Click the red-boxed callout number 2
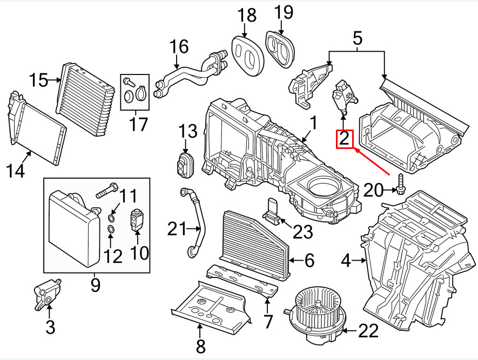coord(345,139)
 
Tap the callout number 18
coord(247,15)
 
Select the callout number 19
coord(284,12)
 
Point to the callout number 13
coord(188,131)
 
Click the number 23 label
coord(302,232)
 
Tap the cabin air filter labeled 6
coord(255,246)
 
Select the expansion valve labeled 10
coord(136,221)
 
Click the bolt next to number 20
coord(400,183)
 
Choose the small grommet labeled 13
coord(184,164)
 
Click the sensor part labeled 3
coord(46,295)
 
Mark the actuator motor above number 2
coord(344,96)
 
